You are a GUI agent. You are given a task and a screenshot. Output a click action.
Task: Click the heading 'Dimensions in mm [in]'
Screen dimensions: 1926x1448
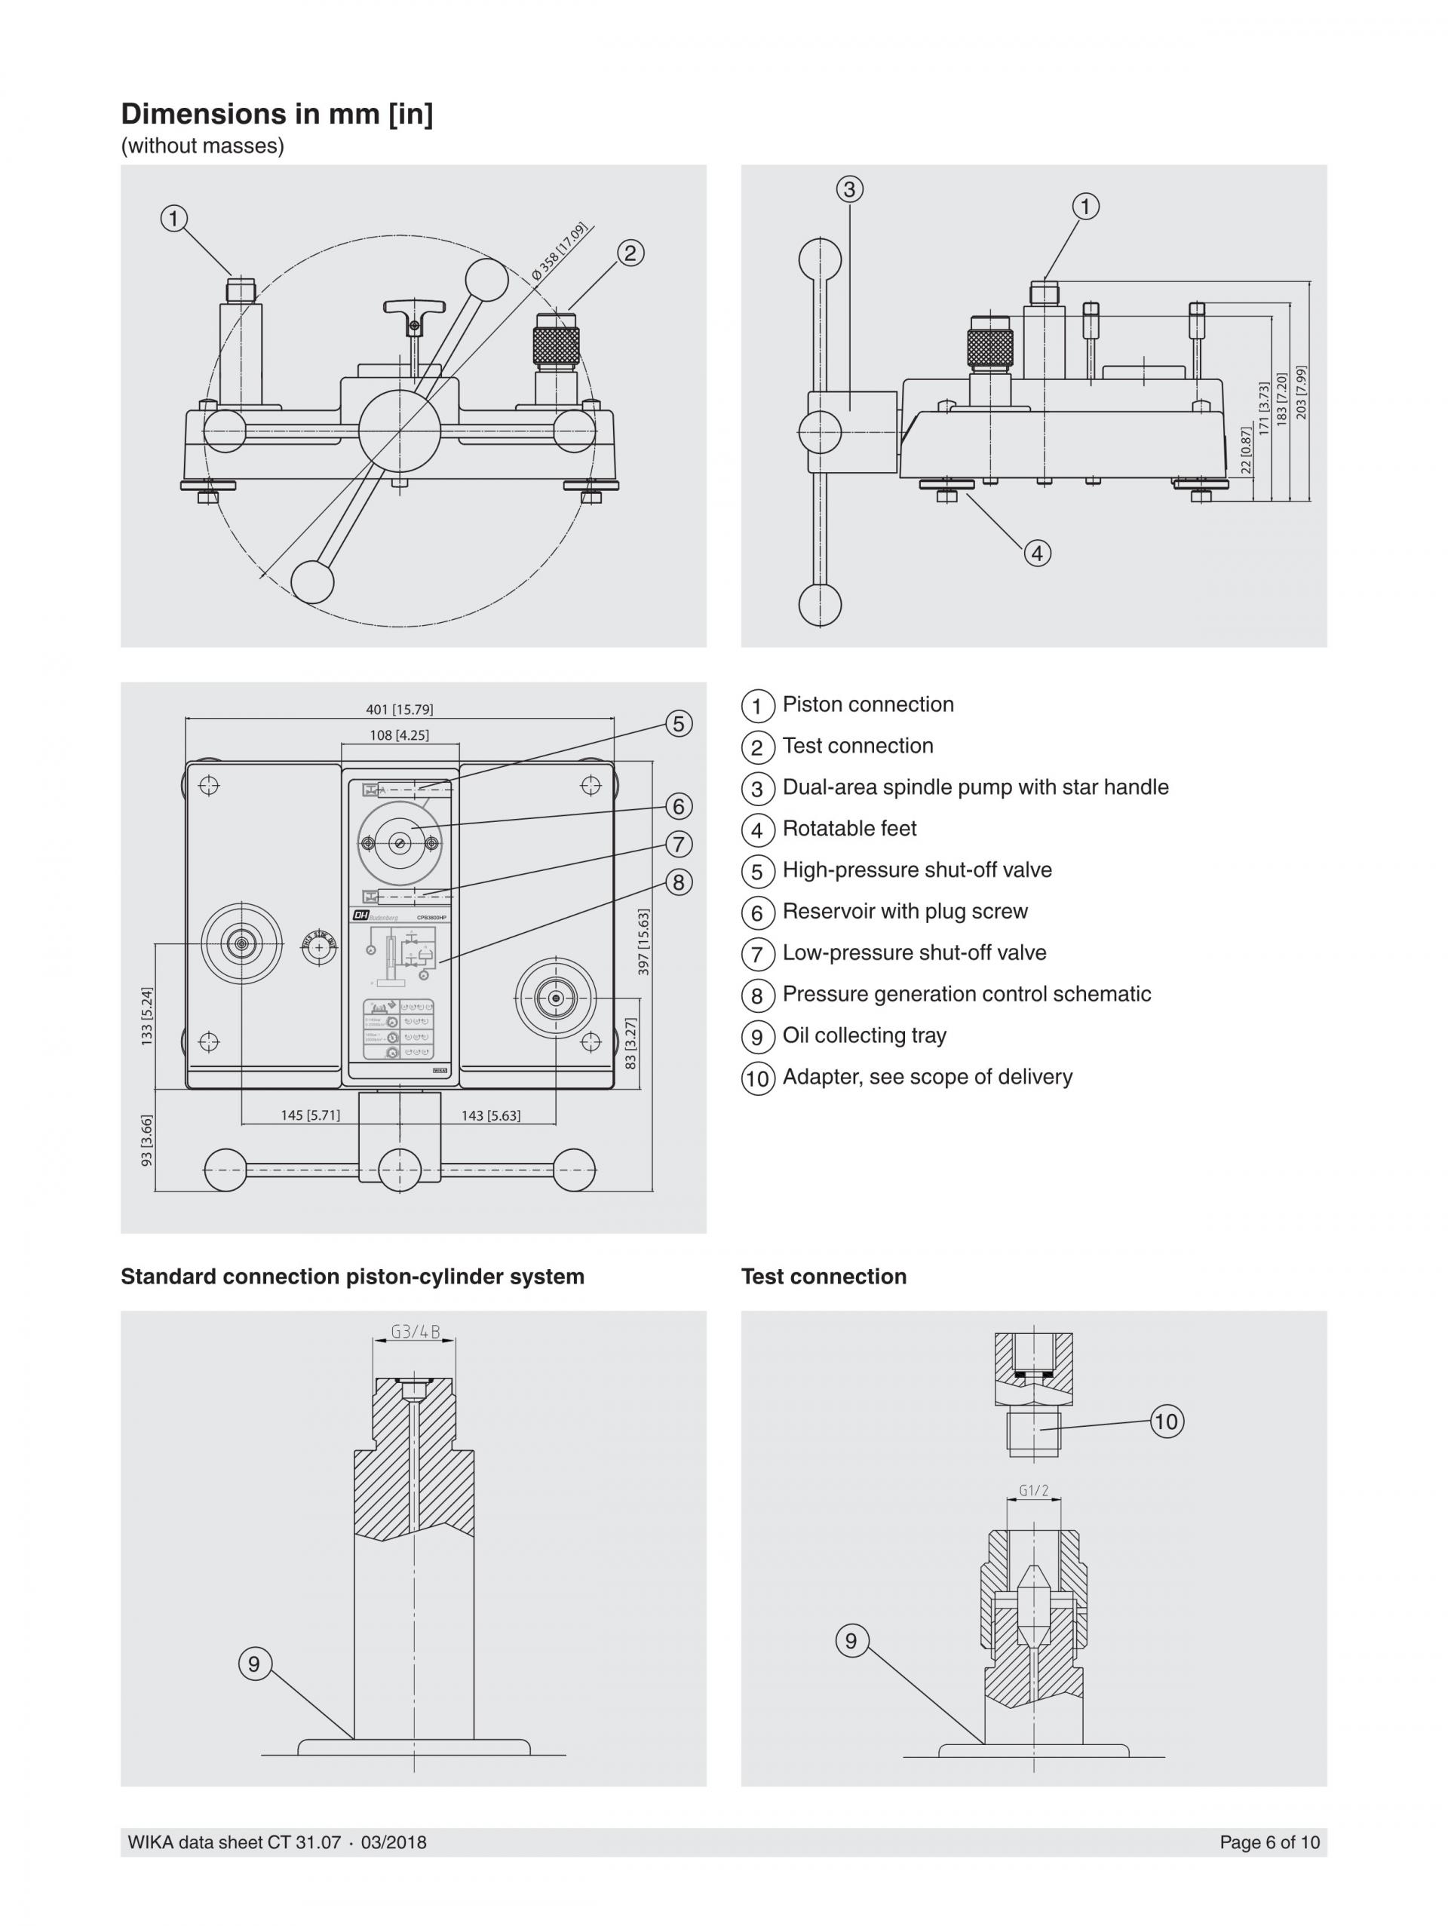coord(276,114)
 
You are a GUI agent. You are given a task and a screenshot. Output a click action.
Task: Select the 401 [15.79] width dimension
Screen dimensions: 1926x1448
coord(399,709)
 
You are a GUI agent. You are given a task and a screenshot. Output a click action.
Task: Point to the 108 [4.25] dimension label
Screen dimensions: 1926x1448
coord(399,735)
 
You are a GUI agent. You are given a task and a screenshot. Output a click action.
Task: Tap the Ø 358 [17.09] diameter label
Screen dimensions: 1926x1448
coord(560,252)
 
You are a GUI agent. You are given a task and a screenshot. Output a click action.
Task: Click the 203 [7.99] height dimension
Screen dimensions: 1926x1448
coord(1302,392)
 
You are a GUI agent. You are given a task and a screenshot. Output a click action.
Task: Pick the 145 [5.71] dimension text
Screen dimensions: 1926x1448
coord(310,1115)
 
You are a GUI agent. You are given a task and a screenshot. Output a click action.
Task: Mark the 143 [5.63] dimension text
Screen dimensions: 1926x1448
coord(491,1115)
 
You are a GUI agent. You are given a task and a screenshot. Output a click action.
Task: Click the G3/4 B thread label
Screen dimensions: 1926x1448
coord(416,1331)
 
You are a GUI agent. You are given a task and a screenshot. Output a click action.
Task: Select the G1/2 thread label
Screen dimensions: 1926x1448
coord(1033,1491)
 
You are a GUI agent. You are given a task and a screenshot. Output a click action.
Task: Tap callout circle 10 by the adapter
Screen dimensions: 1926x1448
coord(1167,1421)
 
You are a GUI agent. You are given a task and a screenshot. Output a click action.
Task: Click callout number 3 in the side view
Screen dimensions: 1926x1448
coord(850,189)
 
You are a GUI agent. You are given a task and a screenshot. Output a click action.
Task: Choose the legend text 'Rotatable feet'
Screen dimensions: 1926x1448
coord(849,828)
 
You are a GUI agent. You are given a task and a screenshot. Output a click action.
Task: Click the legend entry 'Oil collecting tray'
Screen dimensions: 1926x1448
coord(864,1035)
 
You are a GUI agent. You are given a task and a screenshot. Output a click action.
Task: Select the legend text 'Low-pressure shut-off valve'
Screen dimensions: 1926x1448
coord(914,952)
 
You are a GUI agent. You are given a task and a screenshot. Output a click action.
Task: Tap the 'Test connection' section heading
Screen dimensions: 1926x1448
coord(824,1277)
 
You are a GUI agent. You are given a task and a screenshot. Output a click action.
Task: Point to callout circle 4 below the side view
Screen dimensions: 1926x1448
coord(1037,553)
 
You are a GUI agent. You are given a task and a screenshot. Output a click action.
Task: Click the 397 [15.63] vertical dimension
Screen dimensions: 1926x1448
coord(643,941)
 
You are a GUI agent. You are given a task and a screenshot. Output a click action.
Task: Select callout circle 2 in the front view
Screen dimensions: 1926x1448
coord(630,253)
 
